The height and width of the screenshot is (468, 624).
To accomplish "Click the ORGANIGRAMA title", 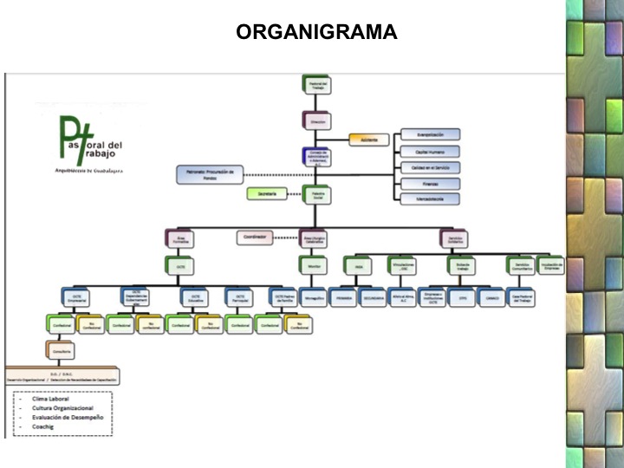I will click(x=316, y=32).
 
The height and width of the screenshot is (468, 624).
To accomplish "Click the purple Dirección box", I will click(x=315, y=122).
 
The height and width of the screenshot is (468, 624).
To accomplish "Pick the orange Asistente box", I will click(x=369, y=140).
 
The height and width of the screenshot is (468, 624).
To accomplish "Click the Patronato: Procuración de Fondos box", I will click(x=211, y=175).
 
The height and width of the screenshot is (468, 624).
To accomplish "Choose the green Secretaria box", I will click(x=267, y=193).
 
